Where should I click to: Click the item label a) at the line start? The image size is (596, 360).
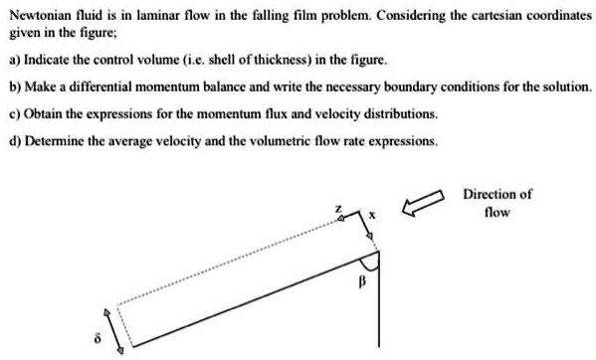tap(15, 59)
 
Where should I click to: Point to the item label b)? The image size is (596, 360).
tap(15, 87)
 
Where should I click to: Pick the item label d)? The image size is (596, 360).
tap(15, 141)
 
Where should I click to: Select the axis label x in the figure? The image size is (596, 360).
tap(372, 214)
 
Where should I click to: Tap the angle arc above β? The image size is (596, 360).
tap(370, 264)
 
